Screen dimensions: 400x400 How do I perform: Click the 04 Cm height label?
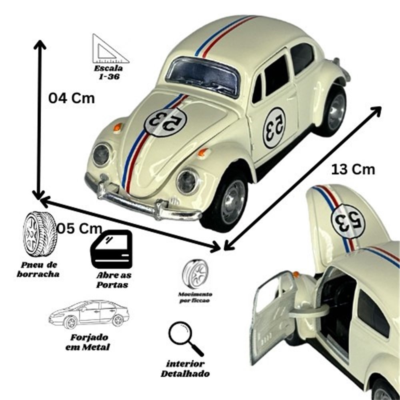pos(72,98)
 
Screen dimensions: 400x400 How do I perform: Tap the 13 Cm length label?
pos(353,170)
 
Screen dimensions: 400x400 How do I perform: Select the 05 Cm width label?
pos(79,228)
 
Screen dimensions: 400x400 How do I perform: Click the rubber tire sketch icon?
pos(40,234)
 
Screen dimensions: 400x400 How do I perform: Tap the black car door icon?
pos(112,249)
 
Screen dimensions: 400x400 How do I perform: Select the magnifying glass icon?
pos(186,338)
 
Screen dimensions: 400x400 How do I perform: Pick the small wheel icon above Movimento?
pos(195,274)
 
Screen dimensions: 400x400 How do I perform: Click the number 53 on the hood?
pos(165,122)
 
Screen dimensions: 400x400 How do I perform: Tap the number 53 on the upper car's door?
pos(274,128)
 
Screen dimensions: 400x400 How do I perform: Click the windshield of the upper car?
pos(203,76)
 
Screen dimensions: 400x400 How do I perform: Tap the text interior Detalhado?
pos(185,369)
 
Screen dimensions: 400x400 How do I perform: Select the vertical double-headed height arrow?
pos(39,120)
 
